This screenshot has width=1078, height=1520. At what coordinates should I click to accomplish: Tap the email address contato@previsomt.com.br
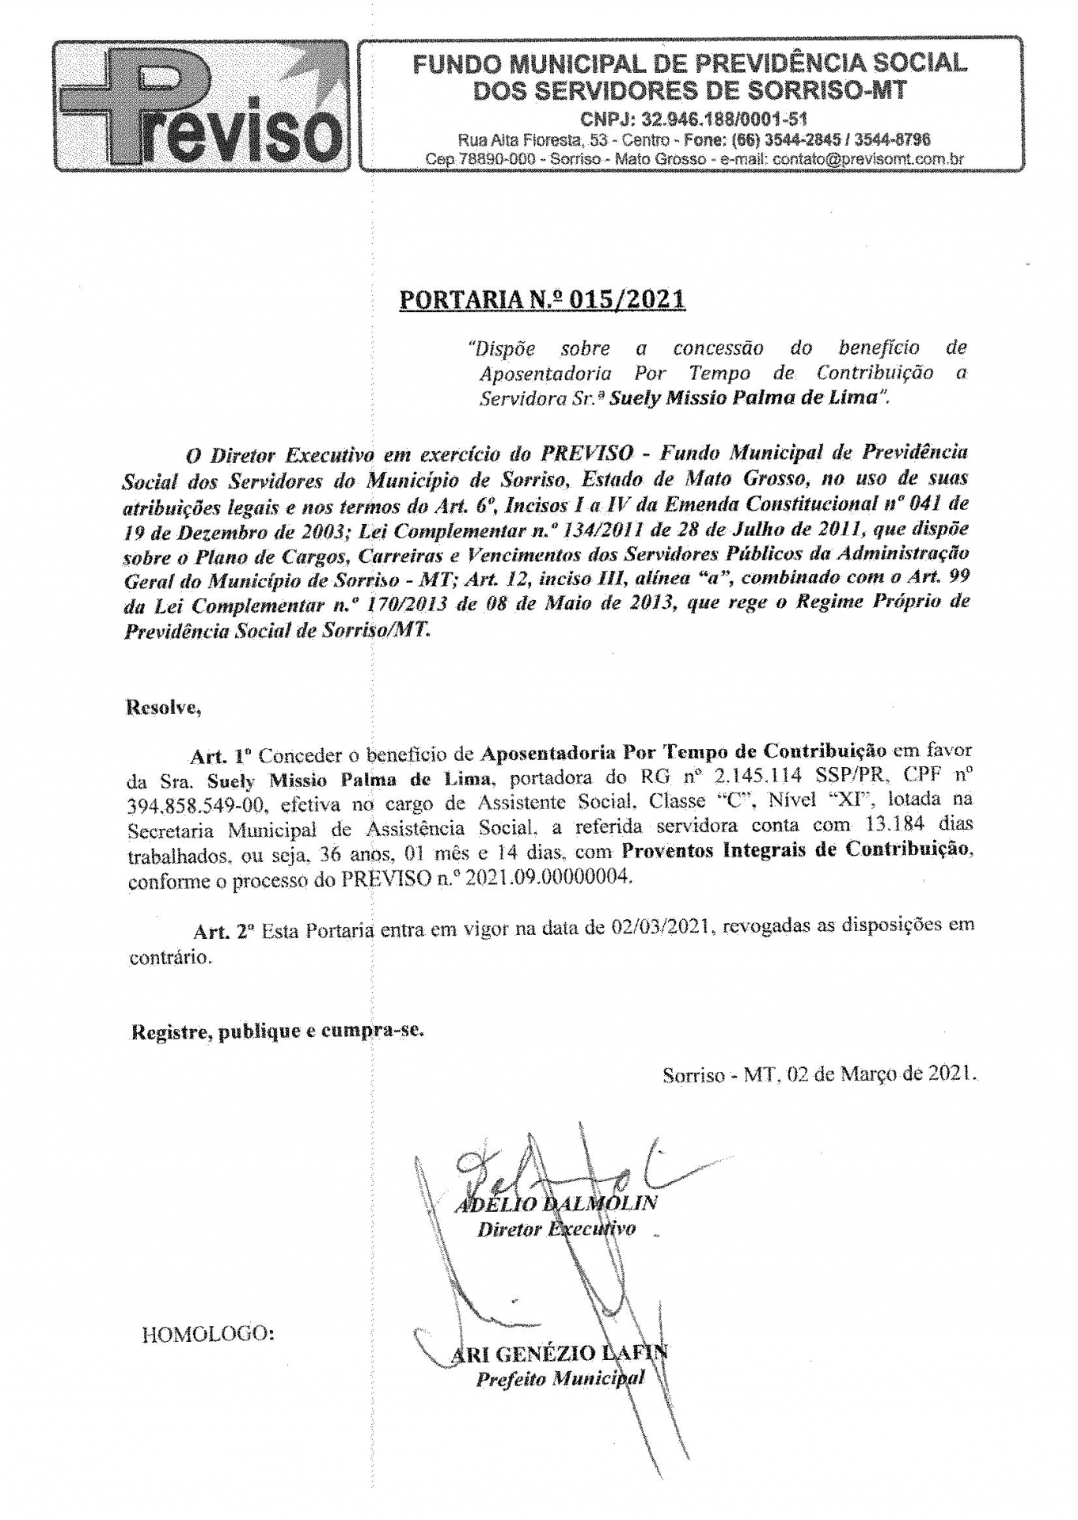tap(868, 159)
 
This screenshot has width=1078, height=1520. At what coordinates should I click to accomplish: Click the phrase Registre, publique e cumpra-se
tap(277, 1032)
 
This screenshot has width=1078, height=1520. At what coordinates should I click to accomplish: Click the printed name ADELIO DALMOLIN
tap(556, 1205)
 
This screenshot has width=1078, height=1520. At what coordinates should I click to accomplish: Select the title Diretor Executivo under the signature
tap(556, 1229)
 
